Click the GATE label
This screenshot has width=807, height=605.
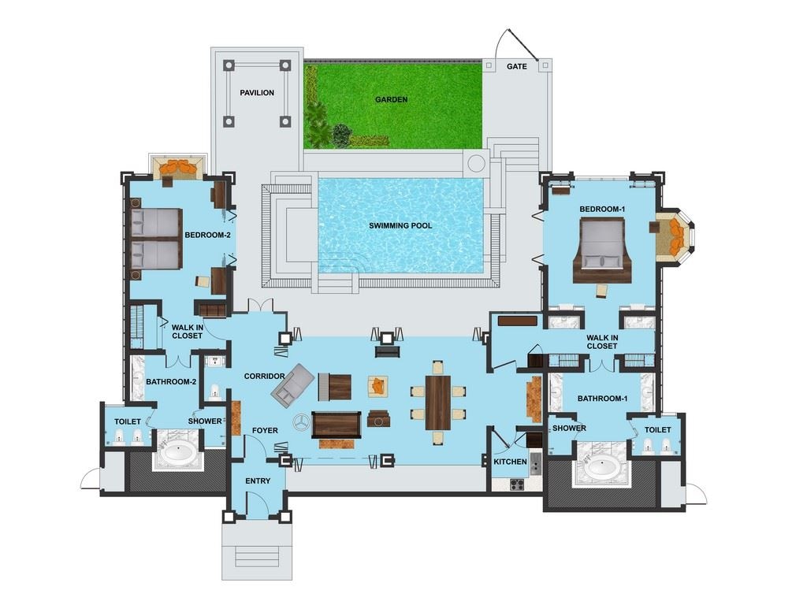coord(516,66)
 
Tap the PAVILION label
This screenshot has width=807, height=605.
coord(257,93)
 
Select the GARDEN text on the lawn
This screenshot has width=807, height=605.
coord(391,99)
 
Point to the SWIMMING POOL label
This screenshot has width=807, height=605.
coord(400,226)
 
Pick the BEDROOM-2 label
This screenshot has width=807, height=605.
coord(207,235)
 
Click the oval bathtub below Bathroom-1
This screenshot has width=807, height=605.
coord(602,468)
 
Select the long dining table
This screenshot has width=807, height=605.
coord(437,402)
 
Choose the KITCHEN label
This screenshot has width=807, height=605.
coord(510,462)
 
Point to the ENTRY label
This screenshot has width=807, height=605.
coord(258,481)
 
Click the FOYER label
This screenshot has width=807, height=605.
coord(265,430)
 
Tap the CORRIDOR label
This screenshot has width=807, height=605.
coord(264,377)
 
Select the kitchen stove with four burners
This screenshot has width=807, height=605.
coord(517,484)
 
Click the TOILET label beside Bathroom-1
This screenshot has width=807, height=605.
coord(657,429)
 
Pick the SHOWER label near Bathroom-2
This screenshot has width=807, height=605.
coord(205,421)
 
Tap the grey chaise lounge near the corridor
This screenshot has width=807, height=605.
coord(291,384)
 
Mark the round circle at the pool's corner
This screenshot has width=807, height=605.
coord(475,163)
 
